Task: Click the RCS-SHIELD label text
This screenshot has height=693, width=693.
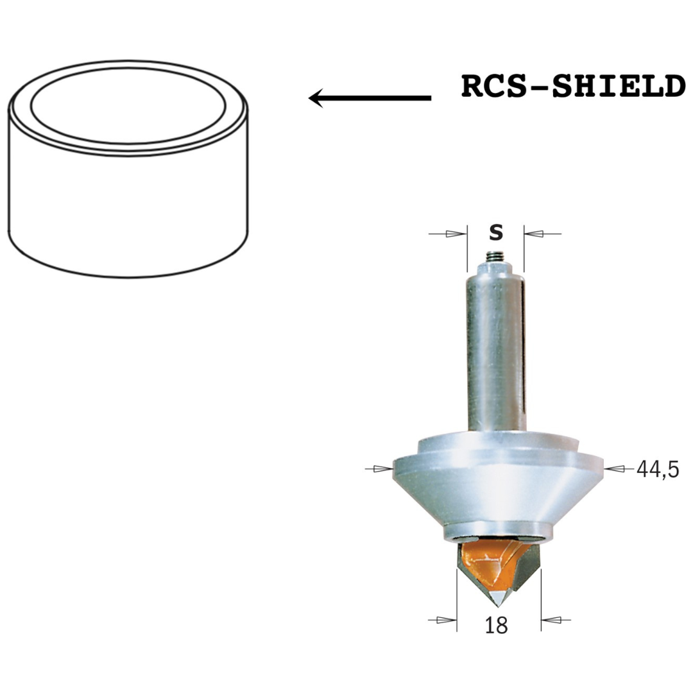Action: [573, 87]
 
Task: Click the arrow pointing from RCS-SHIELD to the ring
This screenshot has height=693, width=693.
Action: [370, 98]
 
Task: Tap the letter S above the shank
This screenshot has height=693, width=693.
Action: [496, 232]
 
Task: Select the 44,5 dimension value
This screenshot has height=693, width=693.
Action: [657, 469]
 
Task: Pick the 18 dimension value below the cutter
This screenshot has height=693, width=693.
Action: [496, 626]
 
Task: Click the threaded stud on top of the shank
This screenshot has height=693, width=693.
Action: [495, 257]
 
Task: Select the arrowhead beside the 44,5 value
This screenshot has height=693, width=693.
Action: [615, 469]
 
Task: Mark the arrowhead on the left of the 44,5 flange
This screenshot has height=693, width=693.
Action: [383, 468]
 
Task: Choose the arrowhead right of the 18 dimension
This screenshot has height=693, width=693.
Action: [551, 620]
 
